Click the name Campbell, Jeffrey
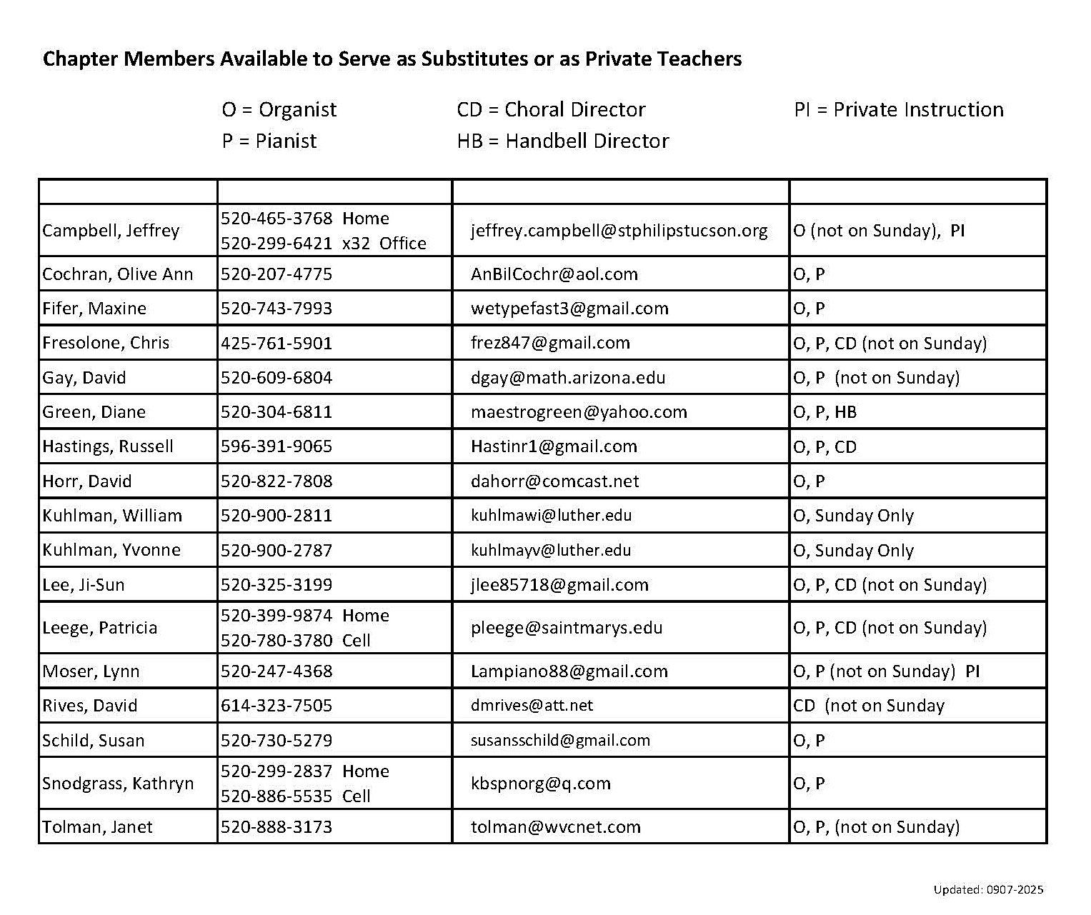pos(111,231)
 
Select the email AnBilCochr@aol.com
pos(554,274)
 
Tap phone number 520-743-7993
pos(277,309)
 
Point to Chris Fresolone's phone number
pos(277,344)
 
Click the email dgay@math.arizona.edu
pos(568,378)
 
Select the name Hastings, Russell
pos(108,447)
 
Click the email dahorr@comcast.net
pos(555,481)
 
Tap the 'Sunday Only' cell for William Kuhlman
pos(853,516)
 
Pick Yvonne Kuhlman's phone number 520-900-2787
pos(277,551)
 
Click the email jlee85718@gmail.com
pos(559,585)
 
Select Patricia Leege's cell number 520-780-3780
pos(277,641)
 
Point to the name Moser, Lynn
pos(91,671)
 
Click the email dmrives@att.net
pos(532,706)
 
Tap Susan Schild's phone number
pos(277,741)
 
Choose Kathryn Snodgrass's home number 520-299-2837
pos(277,771)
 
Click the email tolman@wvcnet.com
pos(556,827)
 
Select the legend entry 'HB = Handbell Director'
pos(563,141)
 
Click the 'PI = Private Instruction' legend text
pos(899,110)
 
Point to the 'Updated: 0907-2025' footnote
pos(988,889)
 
